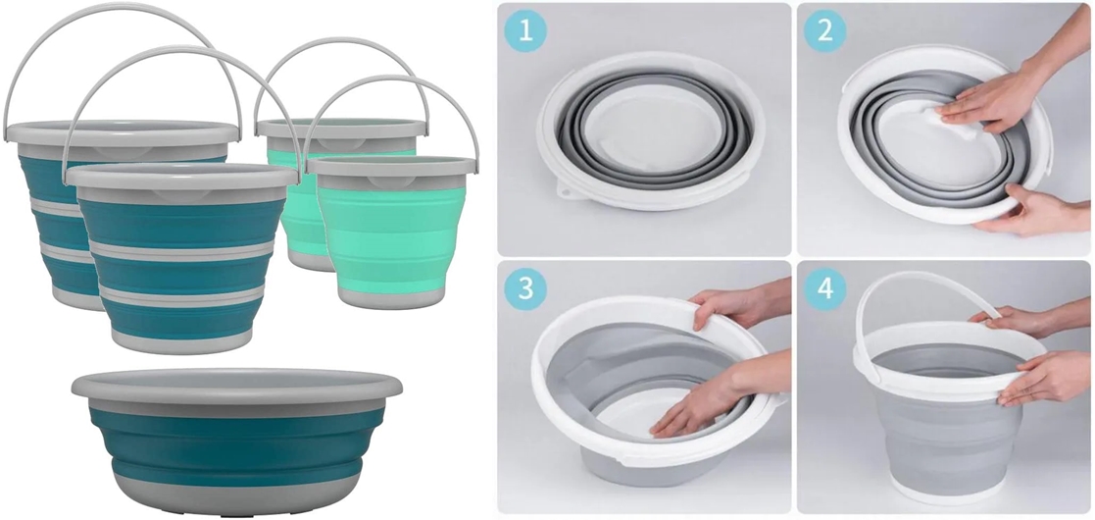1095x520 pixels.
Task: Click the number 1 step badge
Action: [525, 31]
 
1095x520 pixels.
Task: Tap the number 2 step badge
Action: [824, 31]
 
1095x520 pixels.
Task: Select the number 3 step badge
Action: [525, 288]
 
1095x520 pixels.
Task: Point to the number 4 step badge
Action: [824, 288]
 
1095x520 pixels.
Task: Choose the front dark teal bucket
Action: [181, 259]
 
